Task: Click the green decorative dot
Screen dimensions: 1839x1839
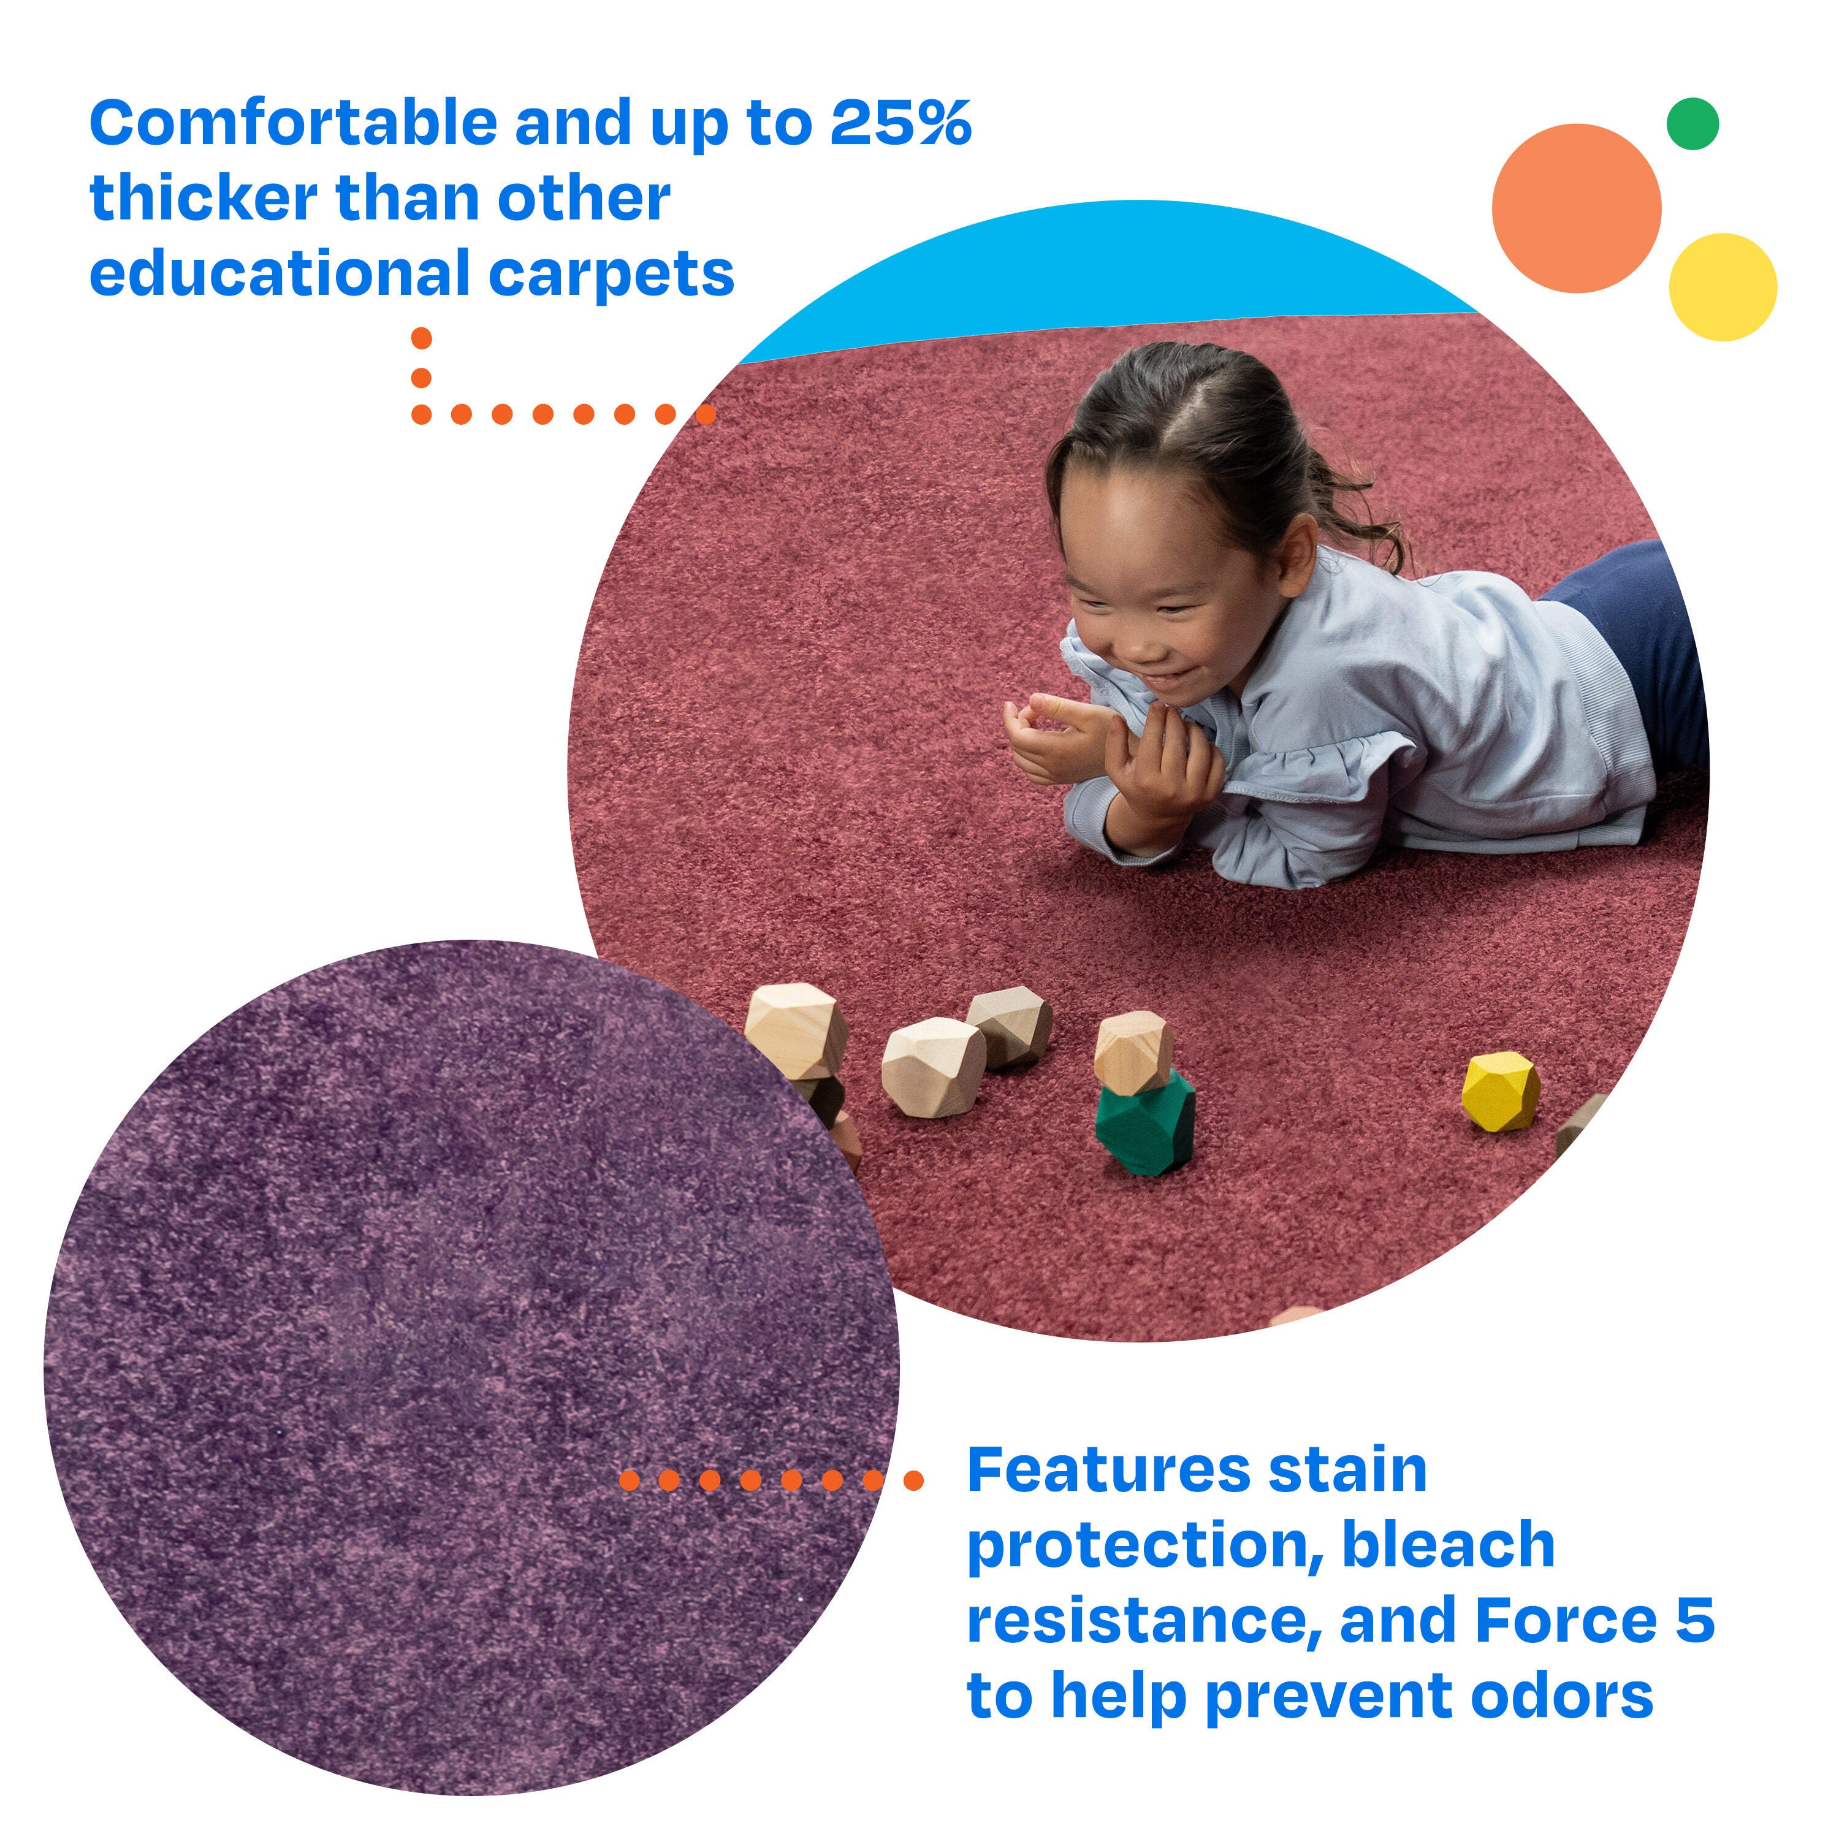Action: (x=1692, y=124)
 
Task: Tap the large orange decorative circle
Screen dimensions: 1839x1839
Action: (x=1576, y=208)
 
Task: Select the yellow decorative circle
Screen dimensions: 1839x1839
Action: (x=1723, y=286)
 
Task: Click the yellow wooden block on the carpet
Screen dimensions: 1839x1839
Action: (x=1500, y=1092)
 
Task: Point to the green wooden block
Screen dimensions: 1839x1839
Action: (x=1145, y=1122)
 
